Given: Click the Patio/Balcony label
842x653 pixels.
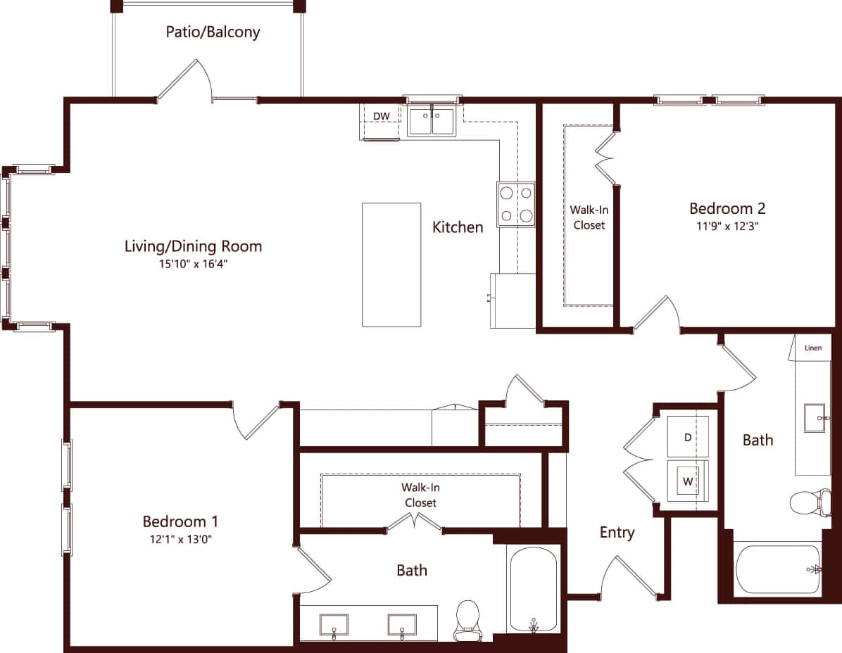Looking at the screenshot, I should click(213, 32).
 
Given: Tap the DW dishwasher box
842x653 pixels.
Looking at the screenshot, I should click(381, 116).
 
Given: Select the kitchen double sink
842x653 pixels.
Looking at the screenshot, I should click(432, 121).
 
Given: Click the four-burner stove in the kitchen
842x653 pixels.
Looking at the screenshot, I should click(515, 205).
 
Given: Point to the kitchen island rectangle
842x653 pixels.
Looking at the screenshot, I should click(391, 265).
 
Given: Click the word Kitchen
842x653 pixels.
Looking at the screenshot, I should click(458, 227).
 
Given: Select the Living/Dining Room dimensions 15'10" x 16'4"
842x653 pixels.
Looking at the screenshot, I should click(193, 265).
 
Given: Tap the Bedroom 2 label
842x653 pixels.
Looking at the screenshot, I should click(727, 208).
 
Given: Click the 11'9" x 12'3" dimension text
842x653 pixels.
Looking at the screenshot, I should click(727, 227).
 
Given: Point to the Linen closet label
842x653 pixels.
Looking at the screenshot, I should click(813, 348).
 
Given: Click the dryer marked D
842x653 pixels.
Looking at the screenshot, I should click(688, 438).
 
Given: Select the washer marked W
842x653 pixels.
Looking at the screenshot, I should click(687, 482).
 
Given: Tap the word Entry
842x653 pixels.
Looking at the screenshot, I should click(617, 533).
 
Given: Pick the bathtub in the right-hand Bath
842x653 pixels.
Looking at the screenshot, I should click(778, 569).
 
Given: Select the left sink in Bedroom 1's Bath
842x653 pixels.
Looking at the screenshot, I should click(334, 624).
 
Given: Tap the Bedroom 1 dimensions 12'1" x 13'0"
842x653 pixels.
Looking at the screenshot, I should click(180, 540).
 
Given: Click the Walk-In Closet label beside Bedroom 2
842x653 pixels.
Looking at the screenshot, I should click(589, 217).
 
